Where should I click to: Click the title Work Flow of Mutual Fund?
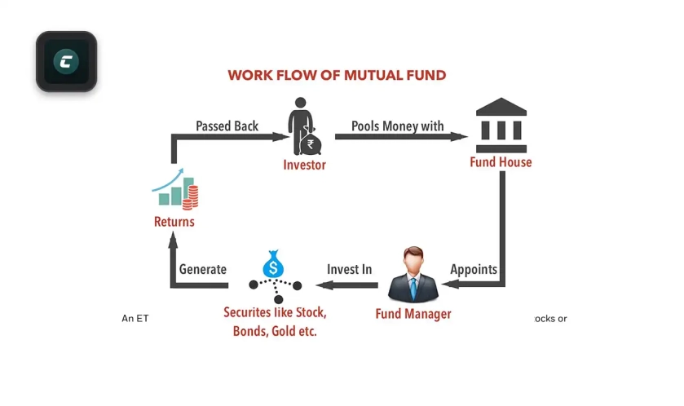point(337,75)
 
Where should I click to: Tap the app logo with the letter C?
point(66,61)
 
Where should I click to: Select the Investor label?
point(304,165)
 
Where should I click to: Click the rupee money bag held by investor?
point(310,142)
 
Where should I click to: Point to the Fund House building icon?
point(501,126)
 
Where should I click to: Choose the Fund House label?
point(501,162)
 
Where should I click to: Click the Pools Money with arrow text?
point(397,126)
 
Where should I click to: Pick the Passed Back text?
point(227,126)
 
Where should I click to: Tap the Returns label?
point(174,222)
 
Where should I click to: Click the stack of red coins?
point(190,197)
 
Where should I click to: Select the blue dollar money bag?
point(273,264)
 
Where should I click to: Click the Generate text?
point(203,269)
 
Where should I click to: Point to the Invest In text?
point(350,269)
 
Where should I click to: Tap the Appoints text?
point(474,270)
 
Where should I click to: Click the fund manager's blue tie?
point(413,289)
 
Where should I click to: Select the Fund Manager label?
point(413,314)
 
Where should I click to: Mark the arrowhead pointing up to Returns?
point(173,240)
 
